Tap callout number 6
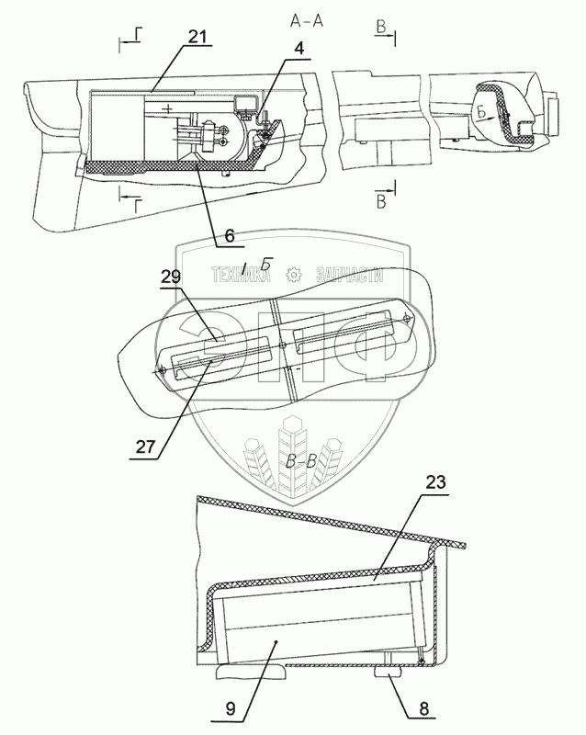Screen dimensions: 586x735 pyautogui.click(x=229, y=235)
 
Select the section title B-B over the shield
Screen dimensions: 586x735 pyautogui.click(x=300, y=462)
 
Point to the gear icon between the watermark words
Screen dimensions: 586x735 pyautogui.click(x=294, y=273)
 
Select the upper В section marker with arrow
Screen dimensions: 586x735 pyautogui.click(x=380, y=31)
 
